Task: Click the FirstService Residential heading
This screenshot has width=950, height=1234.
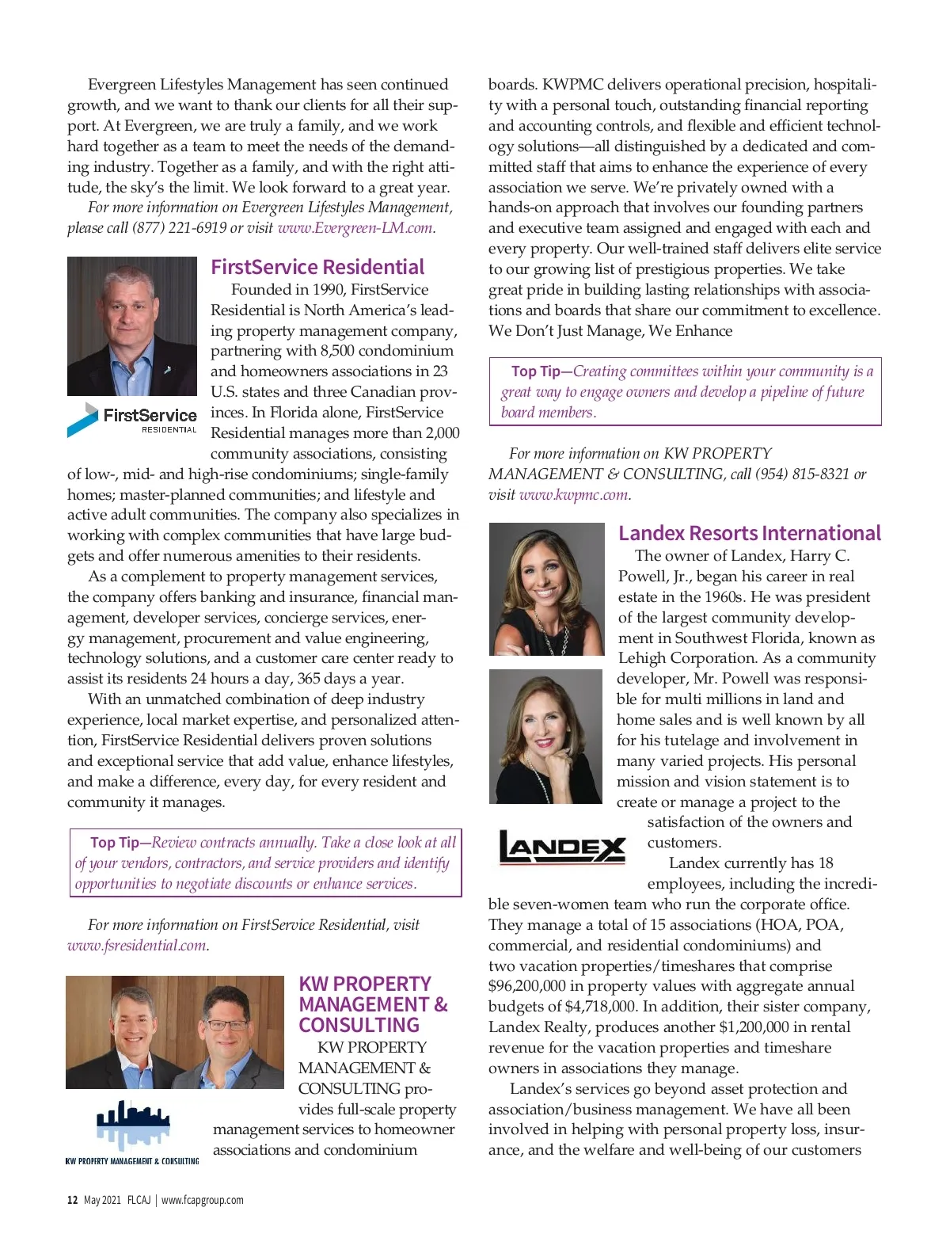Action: [317, 267]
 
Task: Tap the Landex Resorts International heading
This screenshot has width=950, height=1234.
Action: [749, 533]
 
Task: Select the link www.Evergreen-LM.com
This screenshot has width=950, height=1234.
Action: [355, 228]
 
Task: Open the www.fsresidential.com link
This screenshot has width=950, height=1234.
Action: [137, 946]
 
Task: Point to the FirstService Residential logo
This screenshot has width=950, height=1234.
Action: [132, 419]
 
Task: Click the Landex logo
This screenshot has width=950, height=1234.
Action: [562, 847]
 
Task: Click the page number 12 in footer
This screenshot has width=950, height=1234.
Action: [72, 1200]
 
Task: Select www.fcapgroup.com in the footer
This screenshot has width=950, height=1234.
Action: [203, 1200]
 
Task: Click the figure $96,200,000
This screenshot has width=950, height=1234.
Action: [527, 987]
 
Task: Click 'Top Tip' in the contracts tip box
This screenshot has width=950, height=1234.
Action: [115, 843]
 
